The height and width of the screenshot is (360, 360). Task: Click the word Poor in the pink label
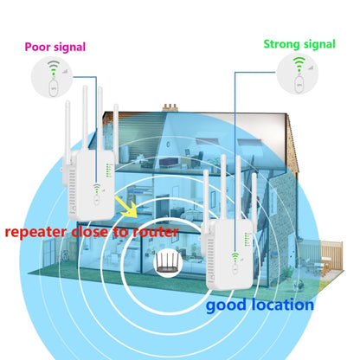(38, 46)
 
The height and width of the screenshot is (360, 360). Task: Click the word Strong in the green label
(280, 42)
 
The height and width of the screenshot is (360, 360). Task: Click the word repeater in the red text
(39, 232)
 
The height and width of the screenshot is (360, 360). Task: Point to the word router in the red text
(154, 231)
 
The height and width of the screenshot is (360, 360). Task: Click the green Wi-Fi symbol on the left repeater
(94, 184)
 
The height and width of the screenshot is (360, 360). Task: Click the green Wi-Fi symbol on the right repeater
(234, 254)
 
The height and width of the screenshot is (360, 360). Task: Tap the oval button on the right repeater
(234, 267)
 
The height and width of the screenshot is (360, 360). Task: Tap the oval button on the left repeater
(94, 196)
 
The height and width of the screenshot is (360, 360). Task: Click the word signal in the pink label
(68, 46)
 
